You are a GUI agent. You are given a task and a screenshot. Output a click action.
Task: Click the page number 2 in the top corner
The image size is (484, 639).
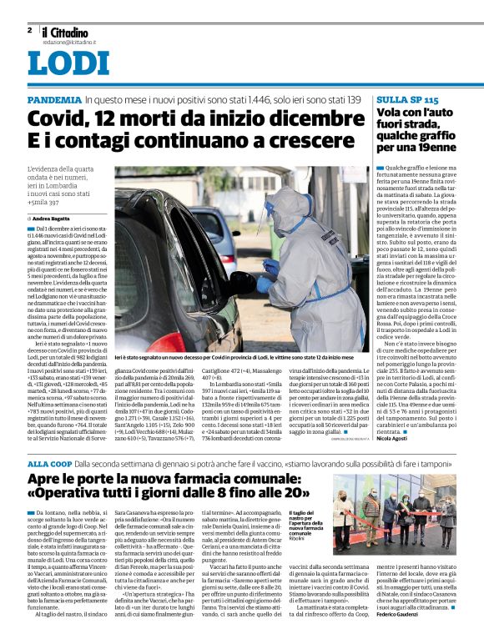[x=29, y=30]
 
